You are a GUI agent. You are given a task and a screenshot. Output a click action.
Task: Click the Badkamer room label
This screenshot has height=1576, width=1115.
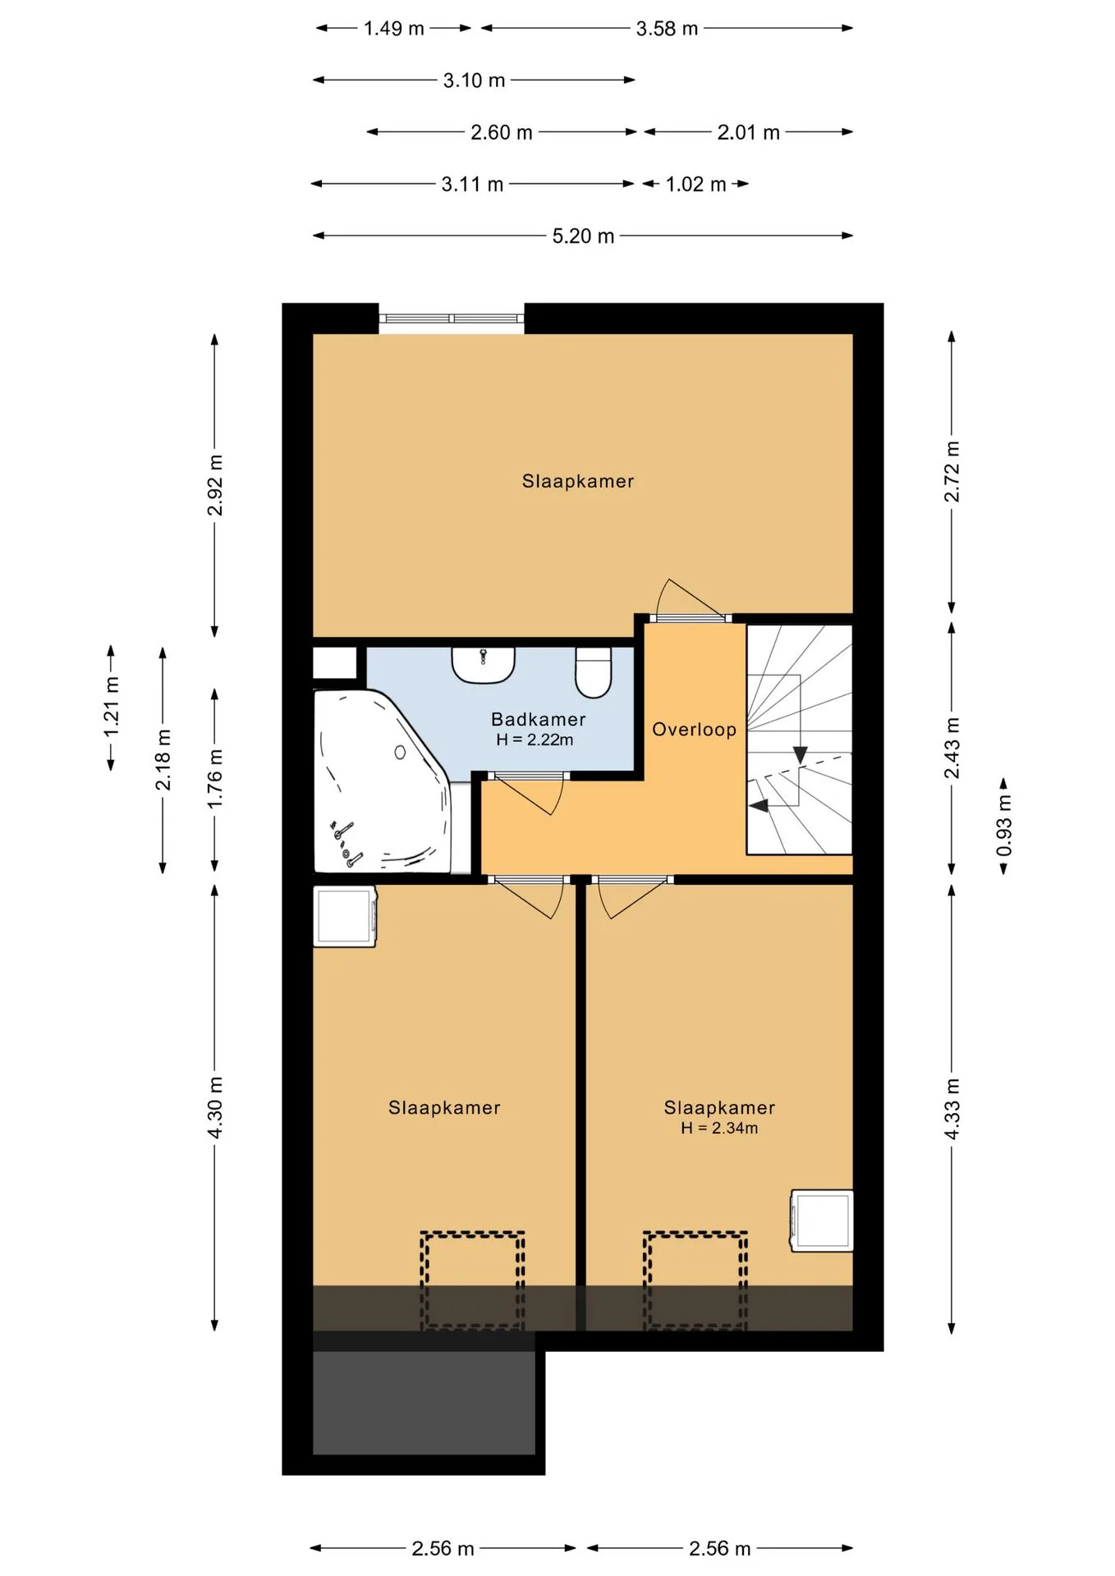538,719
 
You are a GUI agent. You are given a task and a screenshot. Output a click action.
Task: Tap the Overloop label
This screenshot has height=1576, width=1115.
694,729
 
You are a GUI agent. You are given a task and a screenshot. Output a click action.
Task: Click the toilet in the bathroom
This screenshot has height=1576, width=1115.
594,672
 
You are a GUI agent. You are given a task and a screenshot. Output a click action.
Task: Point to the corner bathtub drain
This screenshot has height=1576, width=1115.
400,752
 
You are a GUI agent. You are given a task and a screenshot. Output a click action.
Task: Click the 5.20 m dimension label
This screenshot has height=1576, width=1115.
583,236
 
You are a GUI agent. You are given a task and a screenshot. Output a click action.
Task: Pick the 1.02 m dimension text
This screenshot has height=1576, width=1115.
695,184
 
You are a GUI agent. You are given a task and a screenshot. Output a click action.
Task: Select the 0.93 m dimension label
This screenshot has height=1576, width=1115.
1003,825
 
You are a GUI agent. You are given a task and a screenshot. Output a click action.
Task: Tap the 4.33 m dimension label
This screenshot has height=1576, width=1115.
952,1108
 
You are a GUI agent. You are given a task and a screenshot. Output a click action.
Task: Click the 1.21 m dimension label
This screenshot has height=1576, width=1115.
111,708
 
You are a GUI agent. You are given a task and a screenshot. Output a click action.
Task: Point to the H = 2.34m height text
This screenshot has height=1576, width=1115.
719,1128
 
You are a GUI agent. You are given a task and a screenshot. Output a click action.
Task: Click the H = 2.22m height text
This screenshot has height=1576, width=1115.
535,740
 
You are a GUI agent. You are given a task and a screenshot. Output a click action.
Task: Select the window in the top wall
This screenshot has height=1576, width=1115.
451,318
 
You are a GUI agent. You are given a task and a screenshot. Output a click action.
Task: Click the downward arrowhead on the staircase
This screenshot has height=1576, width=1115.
800,754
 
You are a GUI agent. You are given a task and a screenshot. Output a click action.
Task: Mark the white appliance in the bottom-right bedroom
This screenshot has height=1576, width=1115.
821,1221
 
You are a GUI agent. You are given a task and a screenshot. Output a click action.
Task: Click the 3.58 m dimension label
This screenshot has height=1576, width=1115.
667,29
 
